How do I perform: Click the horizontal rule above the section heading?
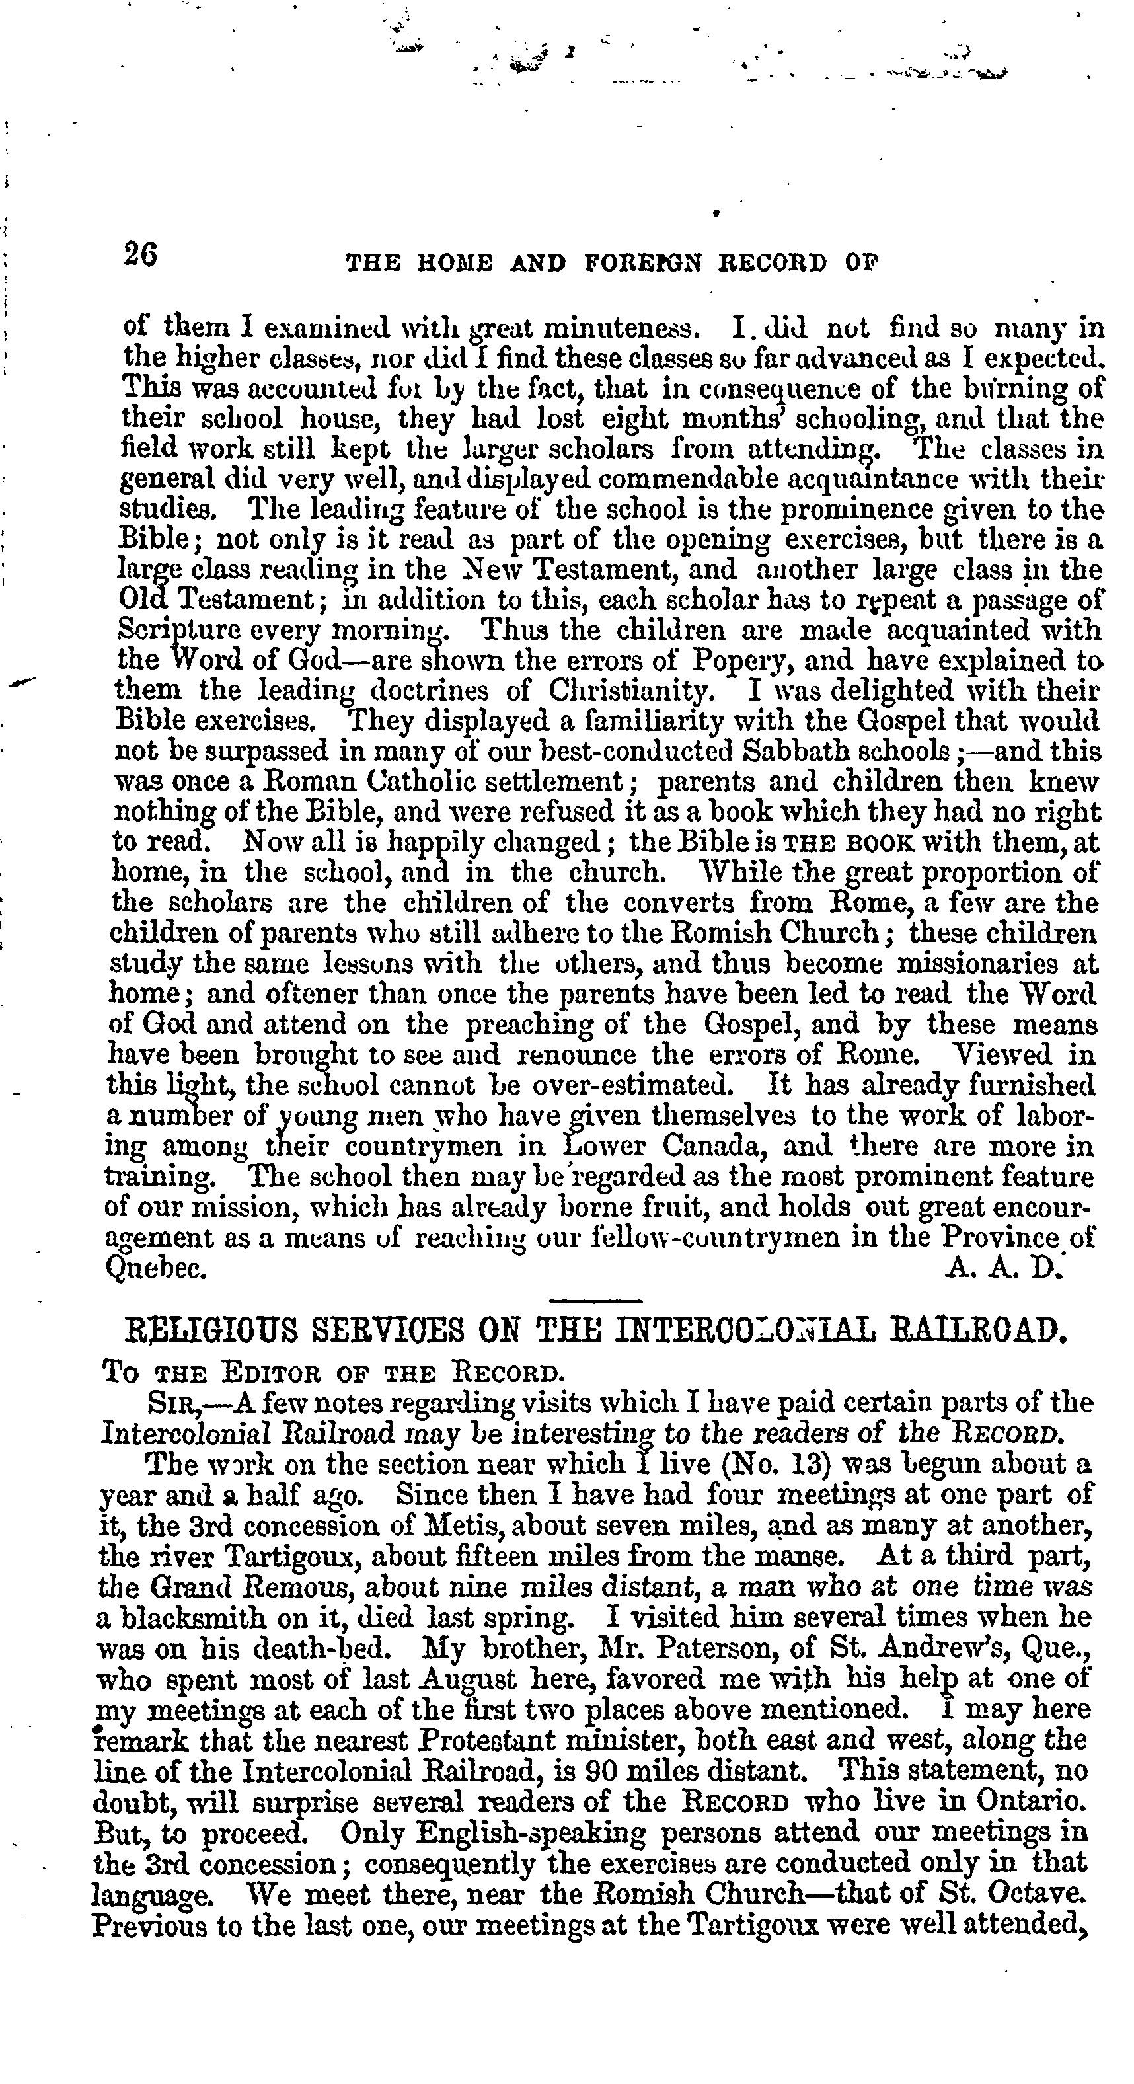point(595,1301)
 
